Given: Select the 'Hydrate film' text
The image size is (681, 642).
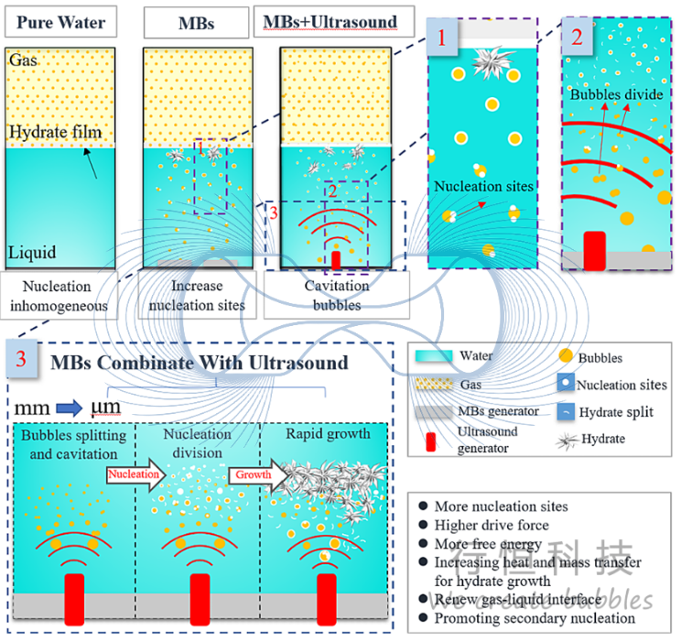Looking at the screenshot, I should (x=55, y=133).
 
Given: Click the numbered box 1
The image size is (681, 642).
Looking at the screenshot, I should (x=443, y=39).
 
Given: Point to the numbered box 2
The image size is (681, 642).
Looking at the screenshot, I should (x=576, y=39).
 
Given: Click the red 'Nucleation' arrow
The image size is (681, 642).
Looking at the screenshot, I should (x=135, y=474).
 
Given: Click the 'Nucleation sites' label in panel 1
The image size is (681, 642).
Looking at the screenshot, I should (x=483, y=188).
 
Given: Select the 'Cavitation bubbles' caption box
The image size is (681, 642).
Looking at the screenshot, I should (x=336, y=296).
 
